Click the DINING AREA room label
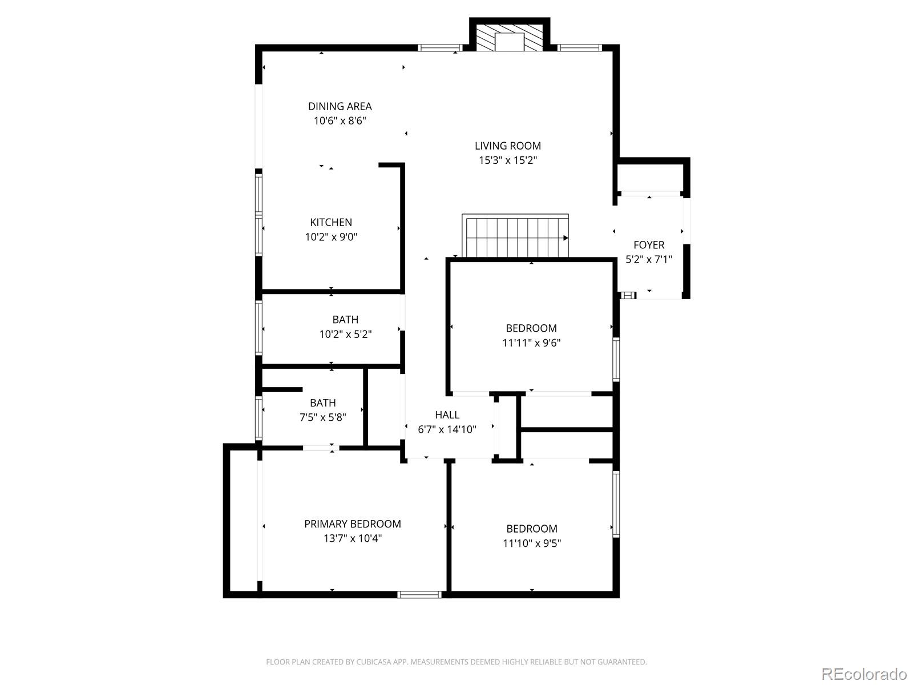click(x=340, y=106)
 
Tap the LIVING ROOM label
click(x=508, y=146)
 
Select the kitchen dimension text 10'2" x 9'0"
click(x=331, y=237)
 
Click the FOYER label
click(x=649, y=245)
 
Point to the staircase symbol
click(x=516, y=237)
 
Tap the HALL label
click(x=447, y=415)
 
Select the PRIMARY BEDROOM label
click(x=352, y=524)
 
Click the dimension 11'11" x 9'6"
click(x=531, y=343)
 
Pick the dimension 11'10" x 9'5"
click(x=532, y=543)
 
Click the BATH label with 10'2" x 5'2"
click(x=345, y=320)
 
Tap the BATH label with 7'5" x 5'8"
click(x=322, y=403)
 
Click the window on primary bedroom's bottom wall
click(x=419, y=595)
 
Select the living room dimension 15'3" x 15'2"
click(x=508, y=160)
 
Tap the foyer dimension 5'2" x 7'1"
click(x=649, y=260)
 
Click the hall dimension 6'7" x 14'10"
click(x=447, y=430)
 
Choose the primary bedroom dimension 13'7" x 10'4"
click(x=352, y=538)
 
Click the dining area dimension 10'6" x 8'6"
click(x=340, y=121)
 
